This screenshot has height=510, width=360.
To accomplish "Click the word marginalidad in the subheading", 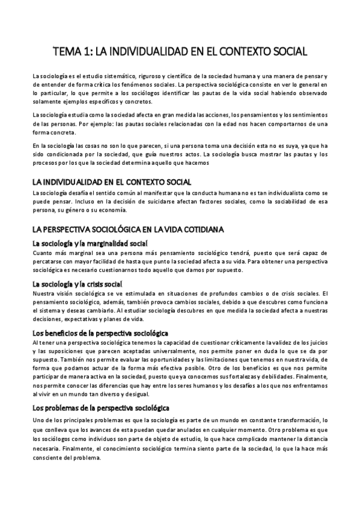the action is point(102,244).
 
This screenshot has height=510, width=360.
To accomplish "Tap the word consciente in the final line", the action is point(50,456).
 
